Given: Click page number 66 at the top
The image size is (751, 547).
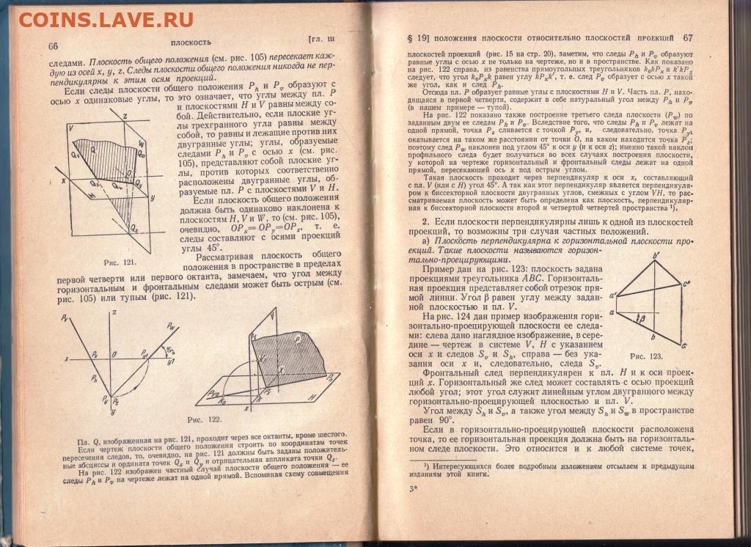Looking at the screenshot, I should [x=54, y=46].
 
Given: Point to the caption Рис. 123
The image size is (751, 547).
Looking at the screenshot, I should [x=646, y=356].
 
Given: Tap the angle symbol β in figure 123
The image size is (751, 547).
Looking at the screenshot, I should [x=643, y=320].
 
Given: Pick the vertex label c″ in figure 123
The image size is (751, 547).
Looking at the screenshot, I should [x=686, y=282].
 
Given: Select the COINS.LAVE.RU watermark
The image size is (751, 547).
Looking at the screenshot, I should [x=106, y=19].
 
